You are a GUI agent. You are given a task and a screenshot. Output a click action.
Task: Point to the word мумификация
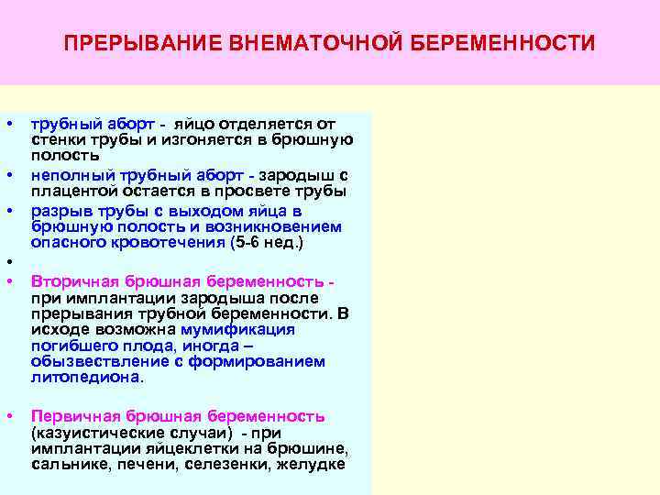(x=237, y=329)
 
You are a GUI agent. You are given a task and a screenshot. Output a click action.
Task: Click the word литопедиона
(x=86, y=377)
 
